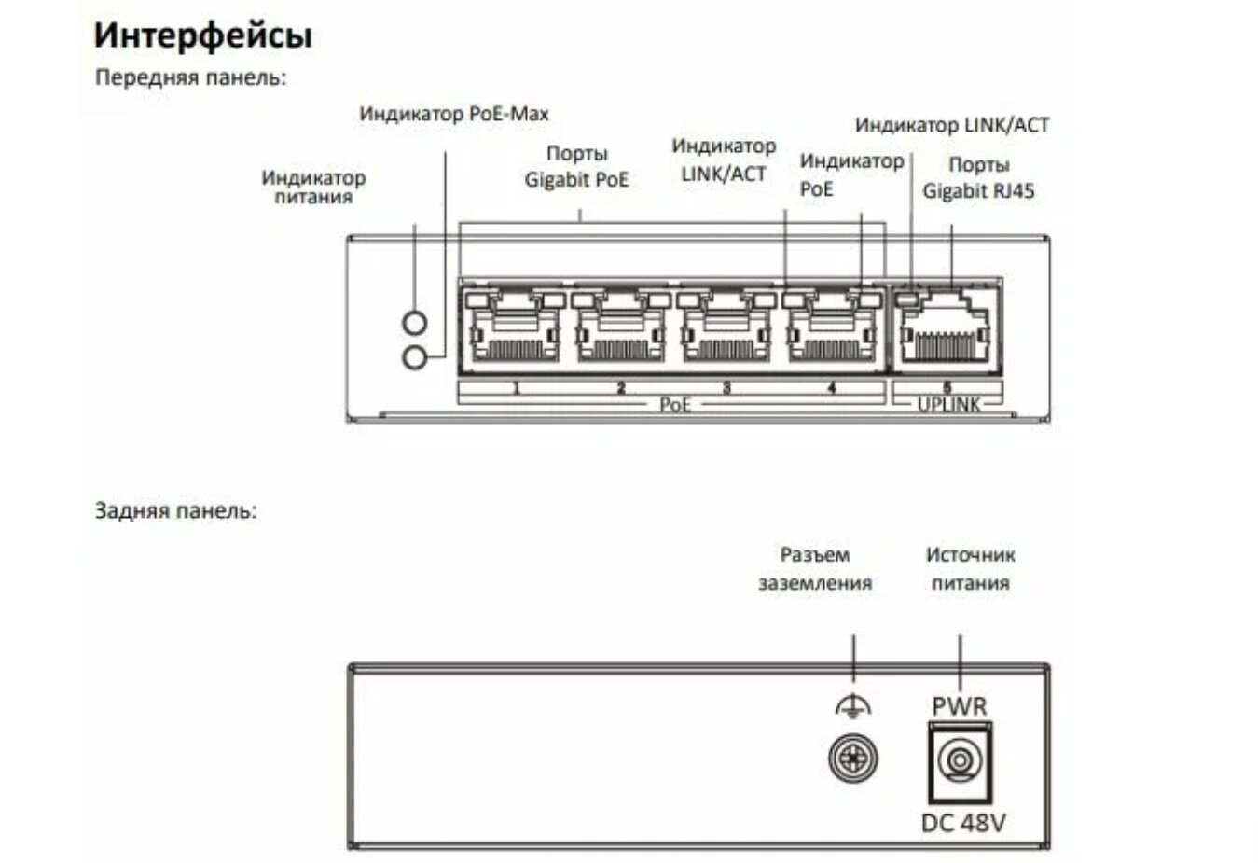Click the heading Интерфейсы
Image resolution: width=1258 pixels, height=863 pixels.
coord(202,35)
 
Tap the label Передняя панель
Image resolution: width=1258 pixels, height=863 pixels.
coord(190,77)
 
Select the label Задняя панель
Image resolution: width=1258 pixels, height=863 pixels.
coord(175,510)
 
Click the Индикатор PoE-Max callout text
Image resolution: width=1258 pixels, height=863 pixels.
coord(454,114)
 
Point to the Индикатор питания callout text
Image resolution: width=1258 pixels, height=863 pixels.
coord(313,187)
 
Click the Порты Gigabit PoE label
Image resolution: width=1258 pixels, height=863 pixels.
coord(576,166)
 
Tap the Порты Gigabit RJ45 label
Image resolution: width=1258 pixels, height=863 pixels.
coord(978,177)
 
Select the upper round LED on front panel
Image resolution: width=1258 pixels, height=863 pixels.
coord(414,323)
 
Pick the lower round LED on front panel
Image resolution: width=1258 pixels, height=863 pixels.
coord(414,356)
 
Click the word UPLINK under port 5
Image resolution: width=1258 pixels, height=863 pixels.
coord(948,405)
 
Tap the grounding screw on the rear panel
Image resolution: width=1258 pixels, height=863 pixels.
coord(852,758)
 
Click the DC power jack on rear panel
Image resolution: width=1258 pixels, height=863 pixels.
coord(959,761)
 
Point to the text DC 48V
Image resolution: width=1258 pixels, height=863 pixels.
coord(963,823)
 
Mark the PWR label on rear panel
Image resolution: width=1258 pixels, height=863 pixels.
coord(959,706)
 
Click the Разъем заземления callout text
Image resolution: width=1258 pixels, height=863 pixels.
coord(814,568)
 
